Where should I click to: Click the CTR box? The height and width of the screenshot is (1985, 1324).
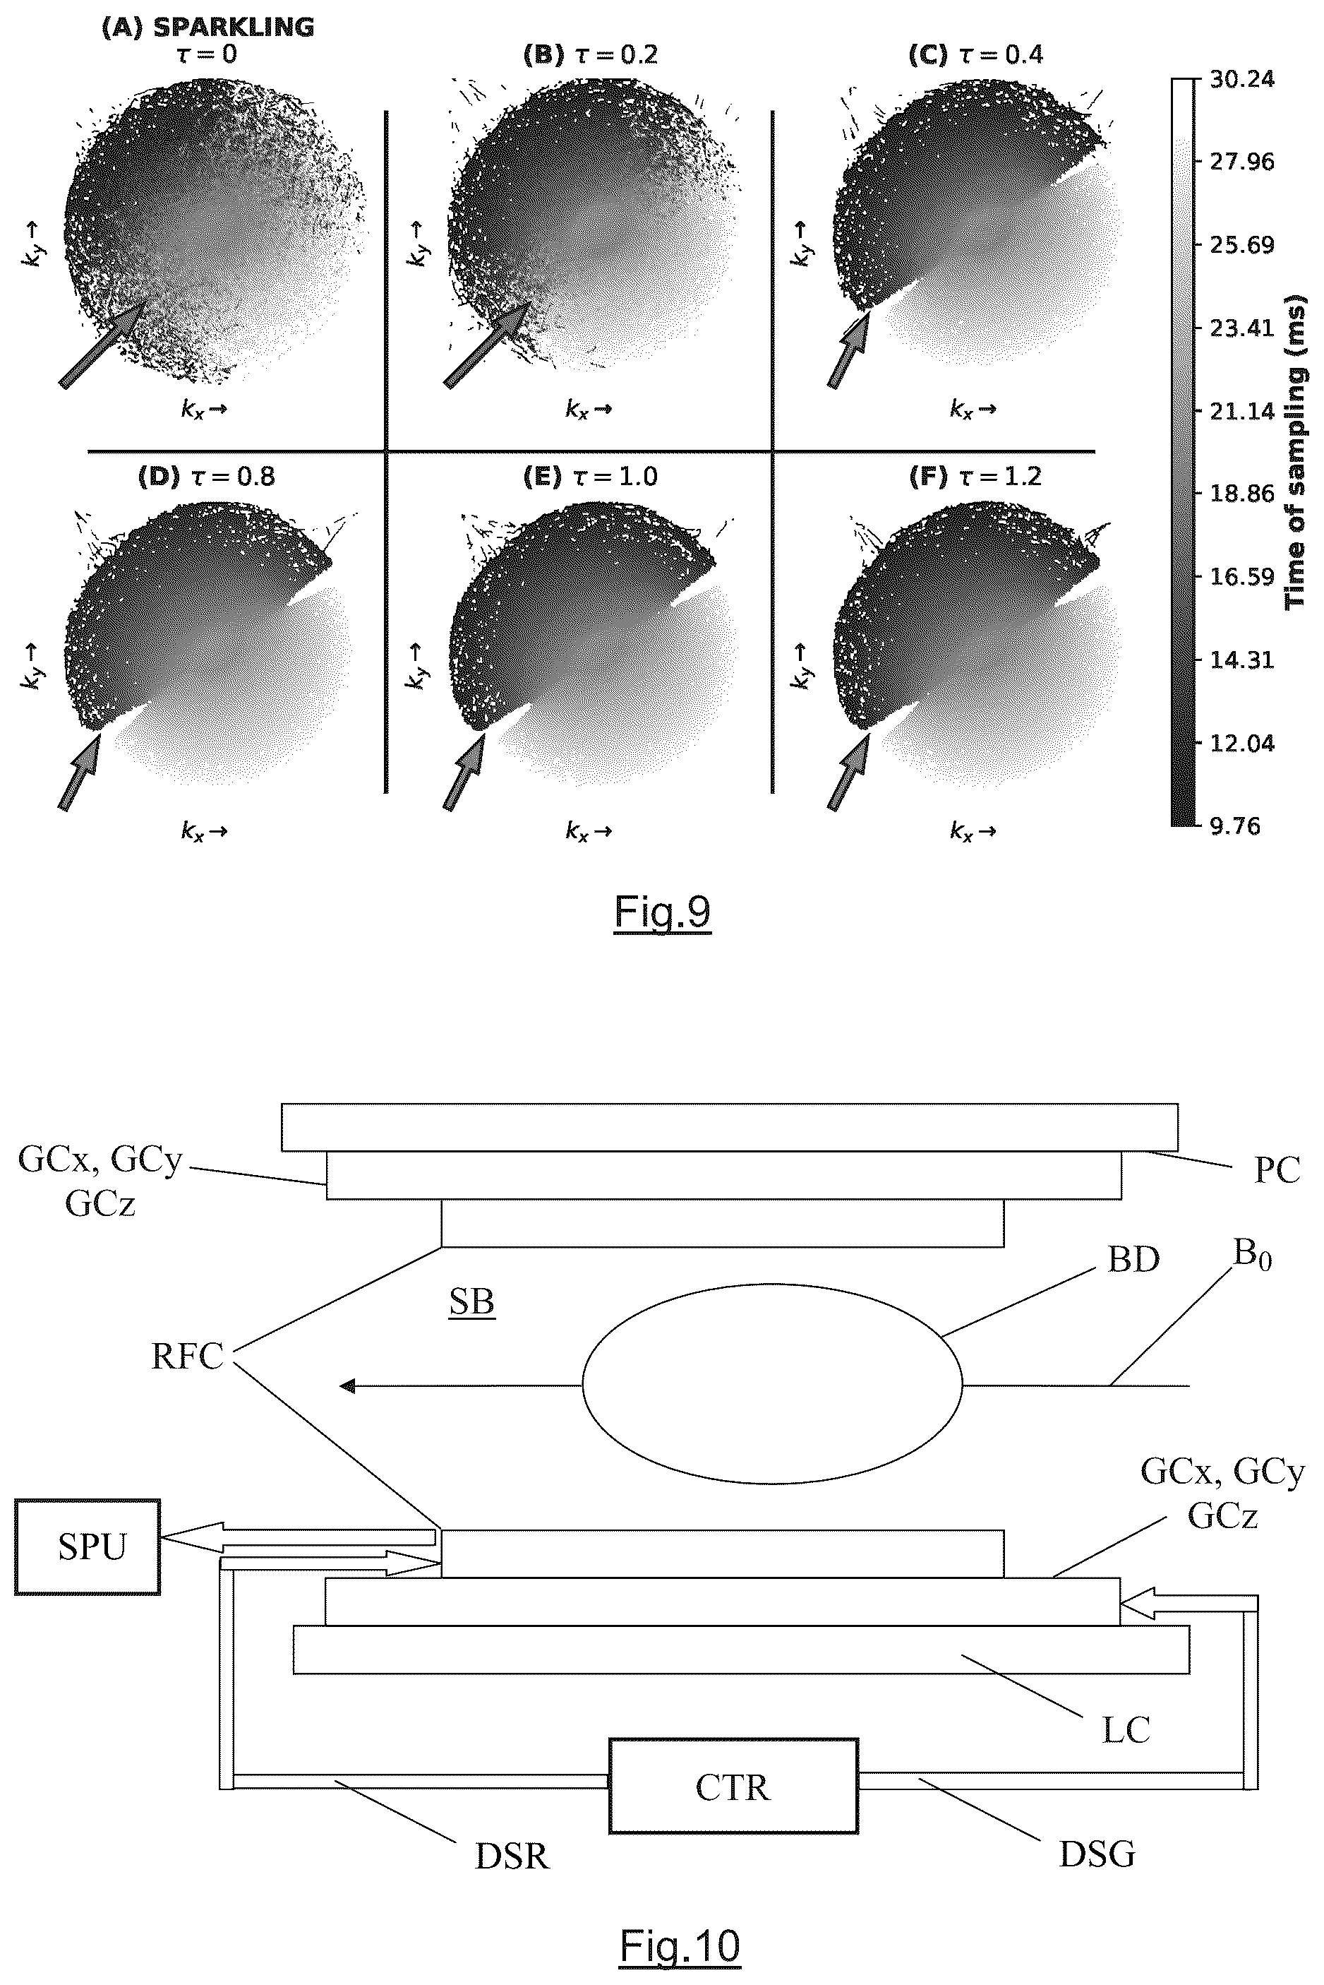(x=733, y=1787)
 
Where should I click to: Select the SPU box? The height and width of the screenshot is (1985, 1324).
(x=88, y=1546)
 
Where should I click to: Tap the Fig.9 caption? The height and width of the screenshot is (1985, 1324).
(x=662, y=912)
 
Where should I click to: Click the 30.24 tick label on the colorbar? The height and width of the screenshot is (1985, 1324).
(x=1242, y=78)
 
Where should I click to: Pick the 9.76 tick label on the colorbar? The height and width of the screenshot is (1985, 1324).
(x=1234, y=826)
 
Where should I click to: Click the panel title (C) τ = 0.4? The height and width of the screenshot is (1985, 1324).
(x=975, y=55)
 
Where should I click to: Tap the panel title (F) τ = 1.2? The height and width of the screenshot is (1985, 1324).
(x=975, y=477)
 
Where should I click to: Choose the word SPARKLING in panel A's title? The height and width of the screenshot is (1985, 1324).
(x=233, y=27)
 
